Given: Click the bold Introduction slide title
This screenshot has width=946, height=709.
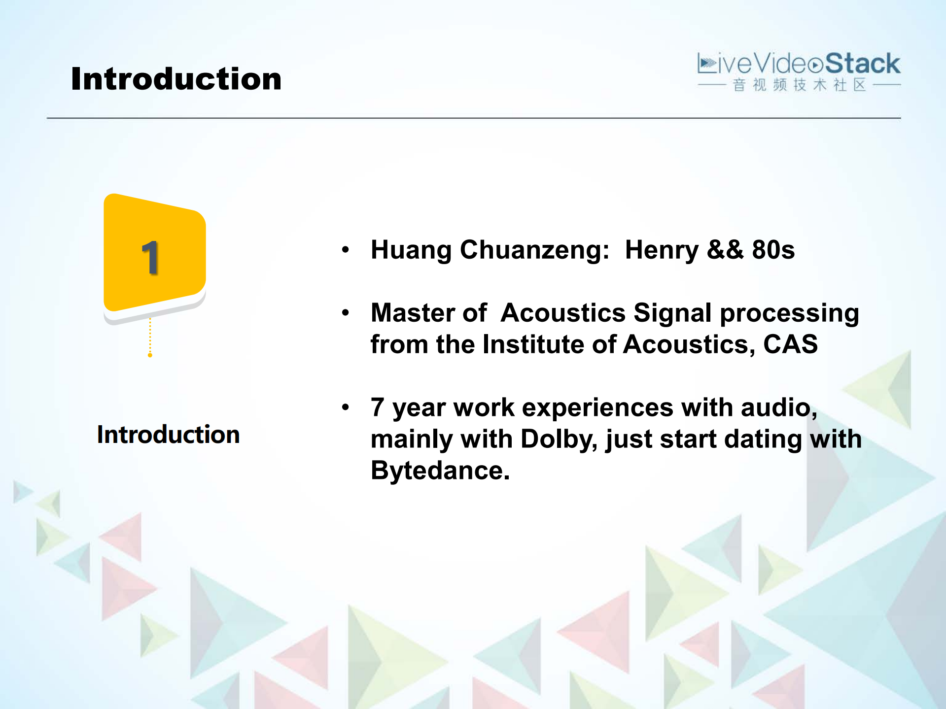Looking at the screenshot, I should pos(176,79).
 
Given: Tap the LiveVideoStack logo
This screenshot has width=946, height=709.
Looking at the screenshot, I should pos(799,71).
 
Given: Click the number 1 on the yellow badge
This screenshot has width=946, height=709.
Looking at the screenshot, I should pos(150,258).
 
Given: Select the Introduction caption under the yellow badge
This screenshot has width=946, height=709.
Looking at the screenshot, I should pos(168,435).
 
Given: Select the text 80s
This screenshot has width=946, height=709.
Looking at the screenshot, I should pos(773,250).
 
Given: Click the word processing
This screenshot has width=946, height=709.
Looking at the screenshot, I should pos(789,314).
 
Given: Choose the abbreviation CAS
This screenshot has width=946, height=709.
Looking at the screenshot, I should pos(790,344).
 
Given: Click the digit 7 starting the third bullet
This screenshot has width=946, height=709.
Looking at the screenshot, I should pos(378,407).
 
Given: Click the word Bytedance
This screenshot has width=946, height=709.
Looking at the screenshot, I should pos(440,471).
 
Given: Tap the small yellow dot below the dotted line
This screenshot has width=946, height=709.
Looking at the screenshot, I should pos(150,355).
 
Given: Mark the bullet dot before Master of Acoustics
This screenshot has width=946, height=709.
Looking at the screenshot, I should pos(346,313).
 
